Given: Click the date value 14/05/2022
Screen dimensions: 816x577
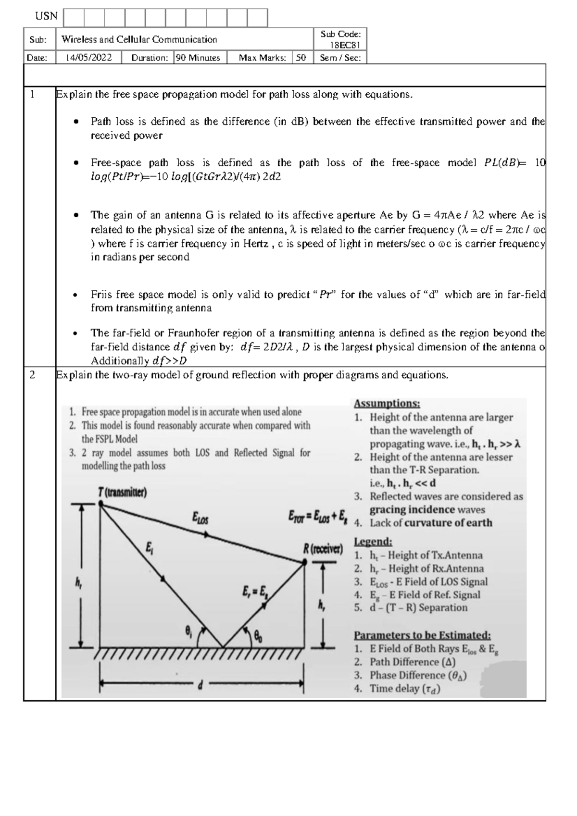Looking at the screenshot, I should click(88, 58).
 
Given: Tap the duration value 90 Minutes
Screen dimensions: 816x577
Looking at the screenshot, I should click(198, 58).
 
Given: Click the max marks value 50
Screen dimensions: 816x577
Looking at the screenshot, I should click(301, 58).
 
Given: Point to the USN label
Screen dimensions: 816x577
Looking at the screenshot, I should click(46, 16).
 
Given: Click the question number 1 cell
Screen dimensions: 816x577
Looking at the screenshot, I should click(32, 94).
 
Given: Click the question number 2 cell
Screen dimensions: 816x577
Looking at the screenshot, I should click(32, 375).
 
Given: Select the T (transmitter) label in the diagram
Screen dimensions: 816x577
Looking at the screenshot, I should click(122, 493).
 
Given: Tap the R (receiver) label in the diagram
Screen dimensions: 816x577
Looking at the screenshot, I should click(323, 549).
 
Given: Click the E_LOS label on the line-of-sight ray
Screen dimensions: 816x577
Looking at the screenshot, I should click(200, 518).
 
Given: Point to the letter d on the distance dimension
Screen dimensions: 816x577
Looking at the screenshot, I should click(200, 686).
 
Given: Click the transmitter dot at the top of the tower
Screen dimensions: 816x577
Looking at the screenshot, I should click(101, 503).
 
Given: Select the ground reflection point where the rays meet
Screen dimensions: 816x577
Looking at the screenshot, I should click(223, 646).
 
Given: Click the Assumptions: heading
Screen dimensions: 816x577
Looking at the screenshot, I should click(387, 404).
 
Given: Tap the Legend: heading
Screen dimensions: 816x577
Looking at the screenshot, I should click(373, 542).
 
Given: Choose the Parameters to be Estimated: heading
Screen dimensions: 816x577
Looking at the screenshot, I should click(422, 635).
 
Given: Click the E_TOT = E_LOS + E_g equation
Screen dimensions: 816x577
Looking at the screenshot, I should click(317, 517).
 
